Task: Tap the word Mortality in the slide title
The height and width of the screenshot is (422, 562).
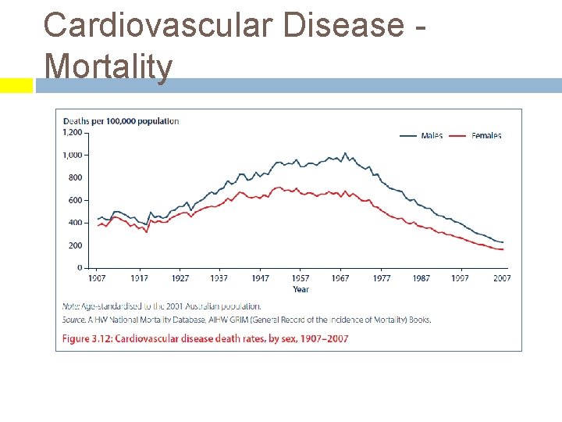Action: [108, 66]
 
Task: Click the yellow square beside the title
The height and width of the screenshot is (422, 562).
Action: [16, 85]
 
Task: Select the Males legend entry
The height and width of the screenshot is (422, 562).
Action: [431, 136]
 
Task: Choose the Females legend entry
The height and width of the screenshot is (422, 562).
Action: [486, 136]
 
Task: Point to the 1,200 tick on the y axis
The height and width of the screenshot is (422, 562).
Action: [72, 133]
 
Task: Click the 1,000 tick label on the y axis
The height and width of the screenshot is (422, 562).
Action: [72, 156]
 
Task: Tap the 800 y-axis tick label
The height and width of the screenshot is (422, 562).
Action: [75, 178]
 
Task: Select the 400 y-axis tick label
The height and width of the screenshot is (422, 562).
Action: [75, 223]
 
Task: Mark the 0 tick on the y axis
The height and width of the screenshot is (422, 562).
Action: [79, 268]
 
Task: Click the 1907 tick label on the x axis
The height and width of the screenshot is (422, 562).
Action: [97, 278]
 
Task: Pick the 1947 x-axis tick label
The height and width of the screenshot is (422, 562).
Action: [260, 278]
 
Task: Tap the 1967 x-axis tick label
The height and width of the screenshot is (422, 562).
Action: [340, 278]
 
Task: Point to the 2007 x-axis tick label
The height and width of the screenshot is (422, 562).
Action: [500, 278]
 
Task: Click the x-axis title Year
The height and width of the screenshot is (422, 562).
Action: [301, 289]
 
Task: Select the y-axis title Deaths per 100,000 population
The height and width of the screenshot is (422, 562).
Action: [121, 121]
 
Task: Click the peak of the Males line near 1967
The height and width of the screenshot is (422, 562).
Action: [345, 153]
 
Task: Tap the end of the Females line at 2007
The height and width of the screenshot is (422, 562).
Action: [503, 249]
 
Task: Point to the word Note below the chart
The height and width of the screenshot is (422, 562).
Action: [72, 306]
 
